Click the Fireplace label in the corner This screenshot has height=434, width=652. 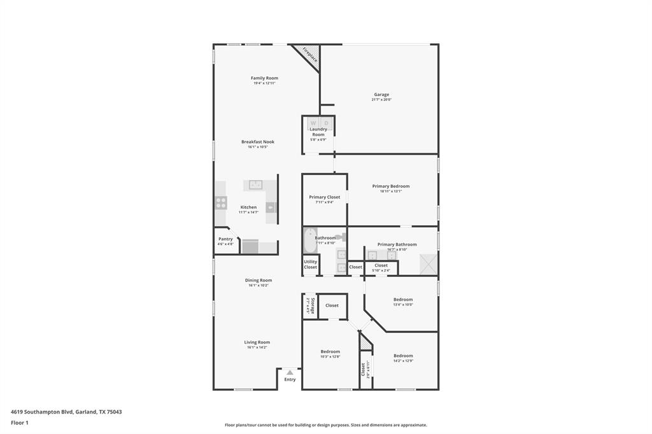(x=309, y=55)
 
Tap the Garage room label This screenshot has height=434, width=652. (x=381, y=95)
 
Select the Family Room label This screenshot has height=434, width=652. (x=264, y=78)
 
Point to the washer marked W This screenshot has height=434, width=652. (x=313, y=123)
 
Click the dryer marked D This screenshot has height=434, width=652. (x=326, y=123)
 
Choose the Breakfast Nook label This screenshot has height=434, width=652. (x=258, y=142)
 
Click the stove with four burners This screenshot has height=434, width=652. (x=221, y=202)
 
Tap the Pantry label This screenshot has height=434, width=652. (x=225, y=239)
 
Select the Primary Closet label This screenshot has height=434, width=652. (x=325, y=197)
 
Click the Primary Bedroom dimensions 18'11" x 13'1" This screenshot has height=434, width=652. (x=391, y=191)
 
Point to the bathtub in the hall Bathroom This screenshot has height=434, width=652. (x=309, y=240)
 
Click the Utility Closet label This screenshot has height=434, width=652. (x=310, y=264)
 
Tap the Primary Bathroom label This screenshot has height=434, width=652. (x=397, y=244)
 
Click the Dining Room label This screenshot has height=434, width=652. (x=259, y=280)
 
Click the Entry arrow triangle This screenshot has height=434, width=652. (x=290, y=372)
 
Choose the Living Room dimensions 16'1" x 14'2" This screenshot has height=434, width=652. (x=257, y=347)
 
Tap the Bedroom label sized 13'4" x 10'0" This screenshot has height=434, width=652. (x=403, y=299)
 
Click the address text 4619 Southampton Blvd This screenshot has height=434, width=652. (x=42, y=412)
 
